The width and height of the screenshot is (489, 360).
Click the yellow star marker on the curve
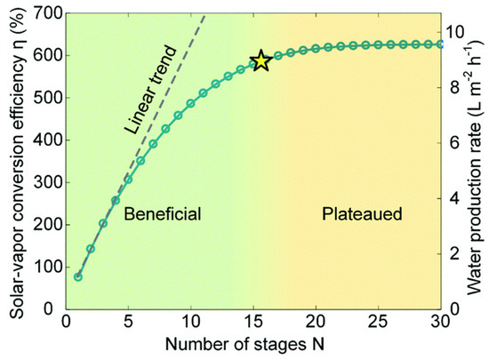coord(261,60)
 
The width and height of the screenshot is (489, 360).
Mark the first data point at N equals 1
coord(78,276)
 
